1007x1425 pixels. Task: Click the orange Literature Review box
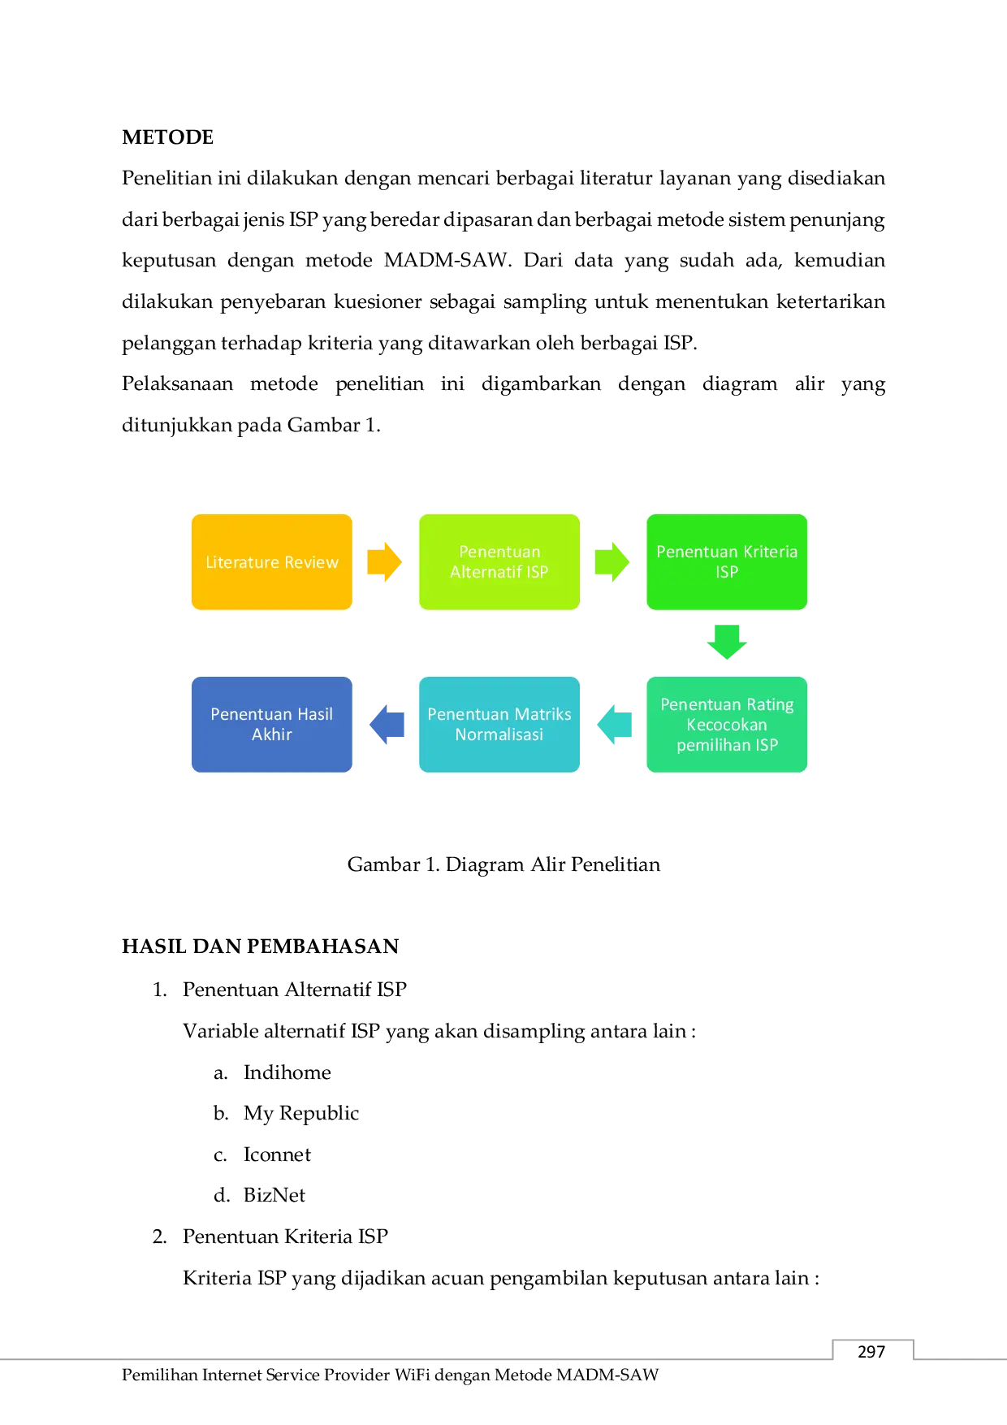pos(272,562)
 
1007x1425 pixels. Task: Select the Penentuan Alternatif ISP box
pos(499,562)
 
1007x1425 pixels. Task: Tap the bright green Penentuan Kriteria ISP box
pos(727,562)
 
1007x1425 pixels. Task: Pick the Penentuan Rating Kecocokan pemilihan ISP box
pos(727,725)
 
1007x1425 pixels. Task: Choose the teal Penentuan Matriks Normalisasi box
pos(499,725)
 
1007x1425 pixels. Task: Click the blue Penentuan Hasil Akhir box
pos(272,725)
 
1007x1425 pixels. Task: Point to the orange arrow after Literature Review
pos(385,562)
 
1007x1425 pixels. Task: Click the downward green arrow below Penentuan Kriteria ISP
pos(727,642)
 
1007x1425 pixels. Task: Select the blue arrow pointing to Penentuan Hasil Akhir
pos(387,724)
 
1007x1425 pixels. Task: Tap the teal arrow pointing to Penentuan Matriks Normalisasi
pos(614,724)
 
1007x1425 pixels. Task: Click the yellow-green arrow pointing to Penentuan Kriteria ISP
pos(612,562)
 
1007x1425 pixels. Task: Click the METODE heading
pos(168,137)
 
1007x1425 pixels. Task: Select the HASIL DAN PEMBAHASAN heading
pos(261,946)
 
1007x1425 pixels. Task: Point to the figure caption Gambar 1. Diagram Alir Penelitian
pos(503,864)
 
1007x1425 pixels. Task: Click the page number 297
pos(871,1352)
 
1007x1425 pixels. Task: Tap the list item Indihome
pos(287,1072)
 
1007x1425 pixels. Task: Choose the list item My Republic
pos(301,1114)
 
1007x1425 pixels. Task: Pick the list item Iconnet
pos(277,1154)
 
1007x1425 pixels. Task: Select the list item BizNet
pos(274,1195)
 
